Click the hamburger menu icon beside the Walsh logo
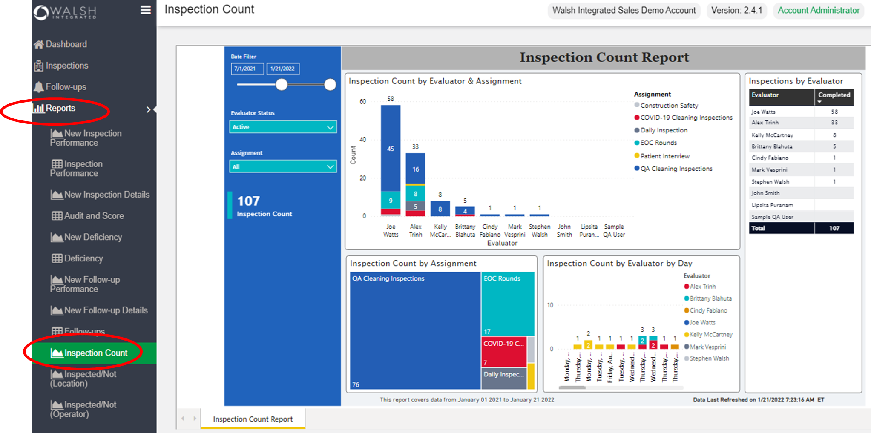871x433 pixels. (146, 10)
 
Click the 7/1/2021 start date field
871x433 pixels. (247, 69)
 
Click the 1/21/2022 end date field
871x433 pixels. (283, 69)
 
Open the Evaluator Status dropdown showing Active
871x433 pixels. (283, 127)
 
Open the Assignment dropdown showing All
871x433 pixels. (283, 166)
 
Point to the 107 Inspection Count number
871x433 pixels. (249, 201)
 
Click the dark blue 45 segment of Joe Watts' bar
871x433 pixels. (391, 149)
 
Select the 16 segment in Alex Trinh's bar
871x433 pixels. (415, 169)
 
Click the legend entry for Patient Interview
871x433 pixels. (664, 156)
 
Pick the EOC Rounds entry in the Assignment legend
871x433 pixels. (658, 143)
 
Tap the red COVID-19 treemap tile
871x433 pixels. (504, 352)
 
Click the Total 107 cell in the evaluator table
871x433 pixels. (834, 228)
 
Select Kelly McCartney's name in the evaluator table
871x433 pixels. (772, 135)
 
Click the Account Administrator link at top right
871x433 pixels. (818, 11)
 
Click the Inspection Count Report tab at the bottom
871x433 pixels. (253, 419)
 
